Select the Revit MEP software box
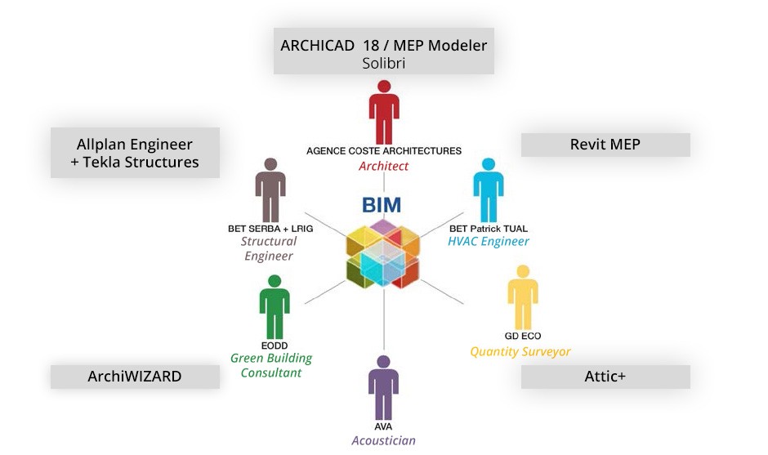[x=605, y=145]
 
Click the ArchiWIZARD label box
[x=135, y=377]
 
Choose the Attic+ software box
[x=605, y=377]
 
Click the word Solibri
[x=383, y=63]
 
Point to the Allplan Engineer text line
[x=135, y=145]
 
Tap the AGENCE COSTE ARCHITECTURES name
[x=383, y=151]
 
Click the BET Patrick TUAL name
[x=489, y=229]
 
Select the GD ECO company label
[x=523, y=336]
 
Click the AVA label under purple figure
[x=383, y=427]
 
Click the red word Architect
[x=383, y=166]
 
